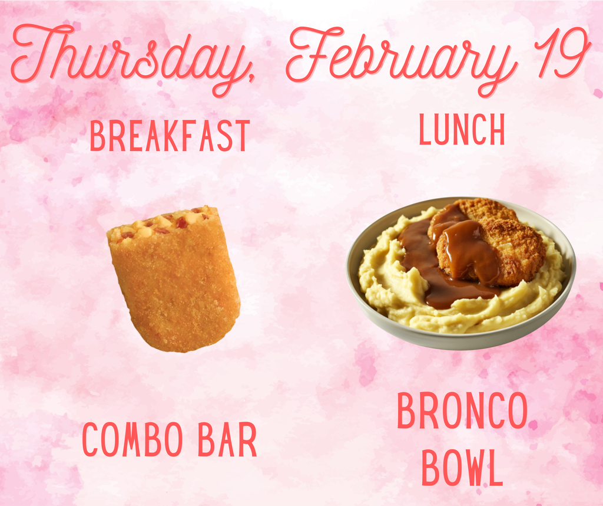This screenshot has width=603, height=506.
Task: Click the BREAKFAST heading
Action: [170, 136]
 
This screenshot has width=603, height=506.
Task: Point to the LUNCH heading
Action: [462, 130]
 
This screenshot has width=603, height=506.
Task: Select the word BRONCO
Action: [462, 412]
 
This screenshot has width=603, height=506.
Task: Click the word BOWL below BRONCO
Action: [462, 468]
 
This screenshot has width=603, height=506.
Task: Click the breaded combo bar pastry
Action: [177, 283]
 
